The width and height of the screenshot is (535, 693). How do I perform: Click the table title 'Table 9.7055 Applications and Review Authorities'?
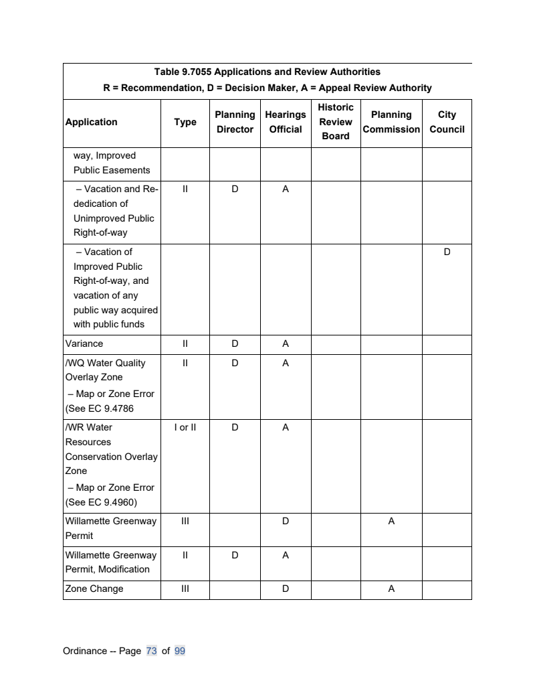267,72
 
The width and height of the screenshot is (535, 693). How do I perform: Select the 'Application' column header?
91,122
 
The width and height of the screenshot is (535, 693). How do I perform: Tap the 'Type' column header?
185,122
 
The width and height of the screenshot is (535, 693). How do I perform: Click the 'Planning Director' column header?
235,122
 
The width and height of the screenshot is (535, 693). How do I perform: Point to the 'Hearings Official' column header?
286,122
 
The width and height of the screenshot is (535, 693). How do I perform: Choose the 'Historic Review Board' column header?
336,122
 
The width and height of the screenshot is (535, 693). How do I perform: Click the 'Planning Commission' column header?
391,122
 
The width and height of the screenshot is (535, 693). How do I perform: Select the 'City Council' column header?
447,122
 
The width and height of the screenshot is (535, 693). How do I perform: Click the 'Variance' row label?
84,343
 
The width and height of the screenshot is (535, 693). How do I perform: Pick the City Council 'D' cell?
447,252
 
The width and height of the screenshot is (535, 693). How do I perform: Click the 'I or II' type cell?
185,427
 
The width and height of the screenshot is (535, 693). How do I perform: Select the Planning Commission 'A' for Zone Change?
391,589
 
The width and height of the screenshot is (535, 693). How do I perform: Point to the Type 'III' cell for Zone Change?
185,589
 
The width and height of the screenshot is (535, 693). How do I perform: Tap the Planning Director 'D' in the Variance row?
235,343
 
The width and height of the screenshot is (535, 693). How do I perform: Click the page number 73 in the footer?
151,651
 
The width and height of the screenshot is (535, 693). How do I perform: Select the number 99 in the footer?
179,651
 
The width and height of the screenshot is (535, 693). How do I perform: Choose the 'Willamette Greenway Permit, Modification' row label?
110,562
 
